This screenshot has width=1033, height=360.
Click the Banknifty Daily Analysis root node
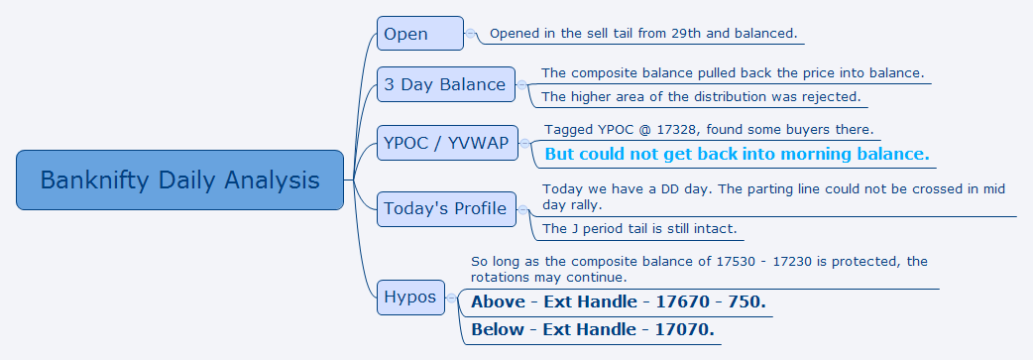pos(179,180)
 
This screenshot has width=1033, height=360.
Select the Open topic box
pos(420,34)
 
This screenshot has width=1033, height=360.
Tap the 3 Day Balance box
pos(446,84)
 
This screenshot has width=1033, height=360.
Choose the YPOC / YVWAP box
pos(447,143)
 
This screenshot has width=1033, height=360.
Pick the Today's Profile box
pos(446,209)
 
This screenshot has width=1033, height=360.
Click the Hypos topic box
pos(410,298)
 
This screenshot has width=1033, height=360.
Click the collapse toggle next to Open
pos(470,33)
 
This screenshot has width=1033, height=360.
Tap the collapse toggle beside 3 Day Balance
pos(521,84)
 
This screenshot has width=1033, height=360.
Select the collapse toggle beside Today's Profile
pos(522,209)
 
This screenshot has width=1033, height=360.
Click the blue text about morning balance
pos(738,155)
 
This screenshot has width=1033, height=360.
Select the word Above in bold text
pos(498,301)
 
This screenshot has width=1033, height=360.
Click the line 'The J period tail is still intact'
pos(639,229)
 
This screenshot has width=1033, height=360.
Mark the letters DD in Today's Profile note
pos(681,189)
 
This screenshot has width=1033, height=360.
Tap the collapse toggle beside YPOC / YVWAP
pos(525,143)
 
